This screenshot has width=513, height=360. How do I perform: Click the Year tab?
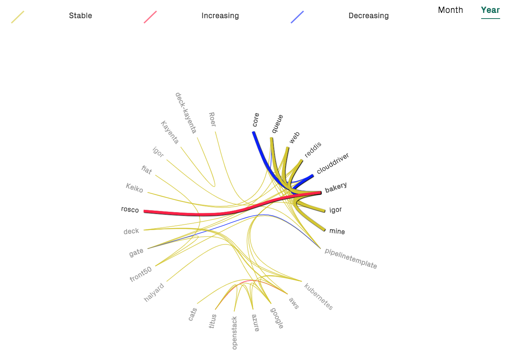coord(490,10)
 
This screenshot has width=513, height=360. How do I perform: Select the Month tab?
coord(450,10)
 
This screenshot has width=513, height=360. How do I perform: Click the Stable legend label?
coord(80,16)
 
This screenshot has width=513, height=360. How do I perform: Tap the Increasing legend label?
coord(220,16)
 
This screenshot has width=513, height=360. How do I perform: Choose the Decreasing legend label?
coord(368,16)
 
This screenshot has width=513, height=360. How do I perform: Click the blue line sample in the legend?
coord(297,17)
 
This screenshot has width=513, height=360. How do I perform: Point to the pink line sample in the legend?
coord(150,17)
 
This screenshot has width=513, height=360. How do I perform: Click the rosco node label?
coord(130,210)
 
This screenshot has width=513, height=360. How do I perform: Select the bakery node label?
coord(336,187)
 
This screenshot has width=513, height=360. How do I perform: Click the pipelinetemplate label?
coord(350,258)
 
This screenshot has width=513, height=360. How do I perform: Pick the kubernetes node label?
coord(318,296)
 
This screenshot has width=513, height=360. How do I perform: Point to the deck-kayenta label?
coord(186,113)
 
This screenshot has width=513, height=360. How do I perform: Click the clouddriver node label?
coord(333,163)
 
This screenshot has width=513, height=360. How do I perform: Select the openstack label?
coord(234,333)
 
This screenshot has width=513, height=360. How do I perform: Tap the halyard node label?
coord(154,292)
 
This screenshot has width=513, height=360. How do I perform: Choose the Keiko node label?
coord(135,188)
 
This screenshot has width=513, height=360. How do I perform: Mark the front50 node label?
coord(141,274)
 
